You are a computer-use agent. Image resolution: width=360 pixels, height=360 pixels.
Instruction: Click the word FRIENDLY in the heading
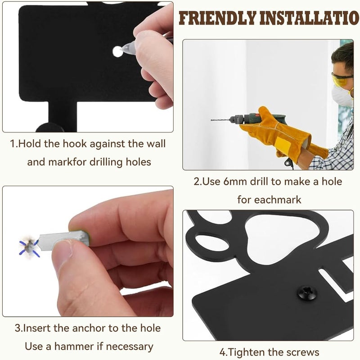click(x=217, y=18)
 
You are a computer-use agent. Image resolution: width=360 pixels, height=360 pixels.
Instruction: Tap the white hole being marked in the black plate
click(x=118, y=52)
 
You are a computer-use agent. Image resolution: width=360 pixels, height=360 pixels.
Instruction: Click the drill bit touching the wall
click(x=220, y=120)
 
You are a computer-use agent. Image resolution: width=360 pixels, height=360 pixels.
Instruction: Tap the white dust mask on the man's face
click(x=342, y=96)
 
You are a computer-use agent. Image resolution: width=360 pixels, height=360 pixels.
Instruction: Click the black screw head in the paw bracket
click(x=307, y=293)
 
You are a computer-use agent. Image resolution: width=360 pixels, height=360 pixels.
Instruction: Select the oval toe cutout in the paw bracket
click(x=212, y=243)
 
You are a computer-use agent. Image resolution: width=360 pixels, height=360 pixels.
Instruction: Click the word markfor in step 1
click(x=67, y=162)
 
